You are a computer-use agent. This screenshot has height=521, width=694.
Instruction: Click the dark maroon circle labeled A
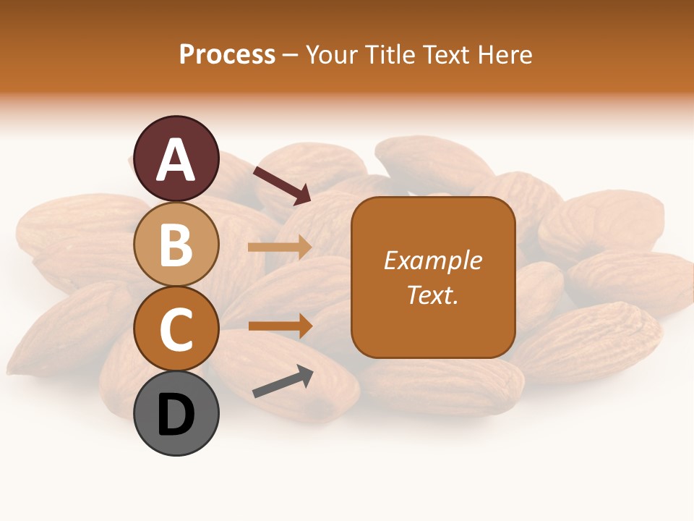[176, 158]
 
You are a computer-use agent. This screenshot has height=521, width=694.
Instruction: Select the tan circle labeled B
[176, 244]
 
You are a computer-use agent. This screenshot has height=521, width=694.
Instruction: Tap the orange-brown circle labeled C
[176, 329]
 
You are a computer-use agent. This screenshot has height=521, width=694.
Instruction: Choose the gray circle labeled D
[176, 413]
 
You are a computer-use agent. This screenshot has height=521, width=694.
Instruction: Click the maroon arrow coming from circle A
[282, 185]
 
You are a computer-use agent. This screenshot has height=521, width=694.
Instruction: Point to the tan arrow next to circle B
[280, 247]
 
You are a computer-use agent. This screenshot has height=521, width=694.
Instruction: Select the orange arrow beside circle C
[280, 326]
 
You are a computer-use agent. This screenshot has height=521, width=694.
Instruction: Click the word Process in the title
[227, 55]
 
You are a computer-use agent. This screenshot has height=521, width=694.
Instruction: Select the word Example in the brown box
[432, 260]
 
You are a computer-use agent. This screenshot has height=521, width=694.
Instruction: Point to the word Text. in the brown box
[432, 295]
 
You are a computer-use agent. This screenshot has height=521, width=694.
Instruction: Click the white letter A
[176, 160]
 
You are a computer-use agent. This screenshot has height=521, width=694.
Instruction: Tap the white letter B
[176, 245]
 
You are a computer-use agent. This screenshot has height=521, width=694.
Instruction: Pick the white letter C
[176, 329]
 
